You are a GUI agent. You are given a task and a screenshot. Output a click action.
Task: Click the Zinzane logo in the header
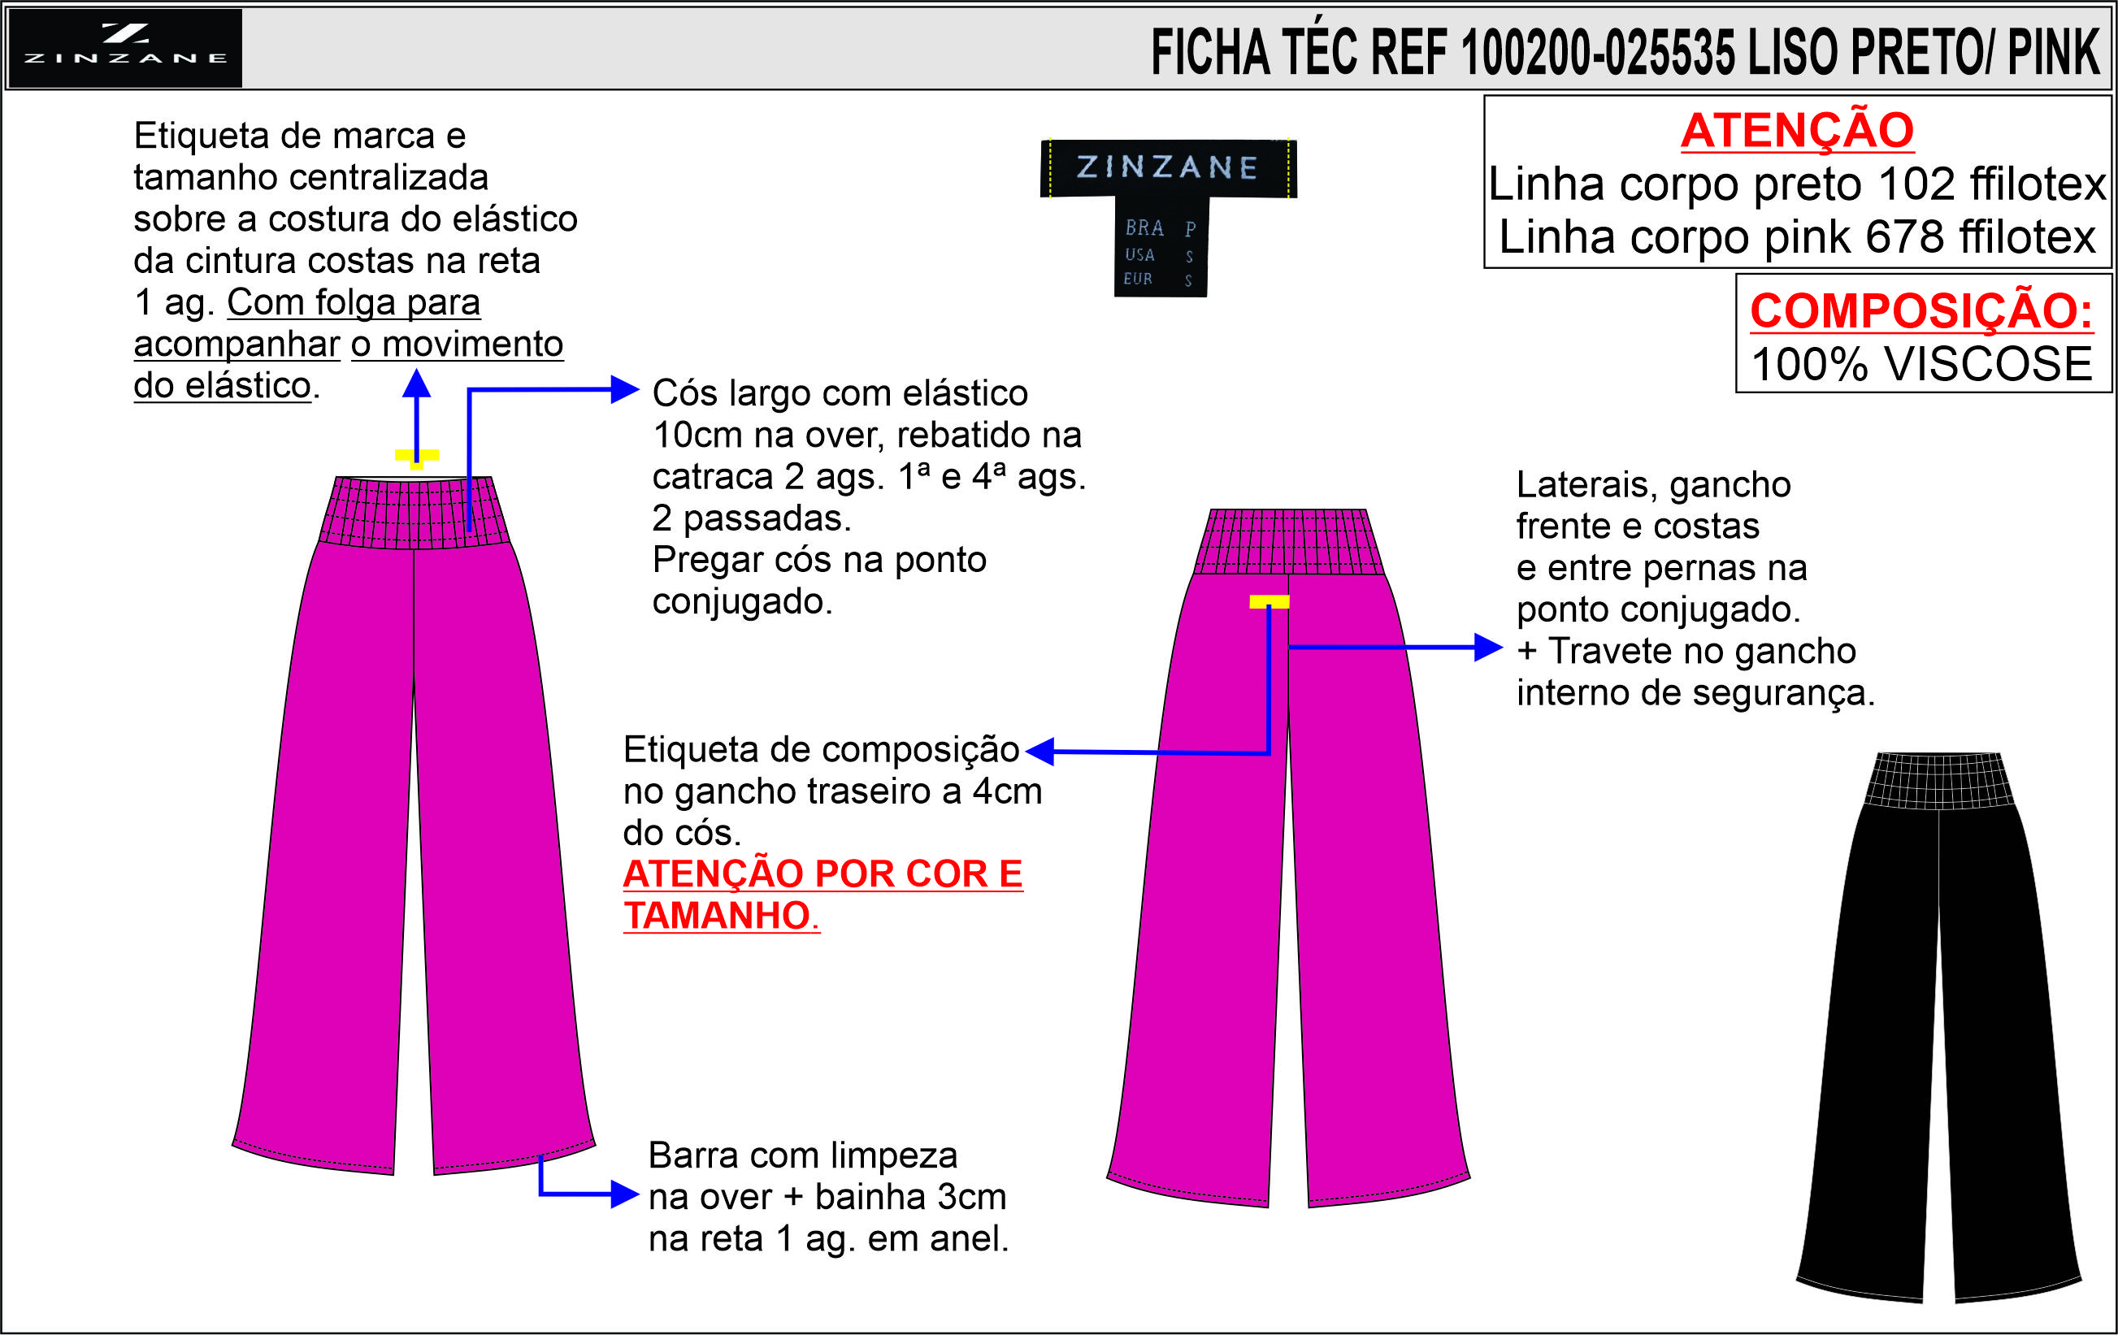124,47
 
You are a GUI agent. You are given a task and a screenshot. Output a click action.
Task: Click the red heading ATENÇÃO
1796,131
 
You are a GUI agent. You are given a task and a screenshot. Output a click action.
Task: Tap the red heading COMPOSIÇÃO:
1921,311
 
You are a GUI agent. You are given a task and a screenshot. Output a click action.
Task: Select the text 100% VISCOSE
1921,364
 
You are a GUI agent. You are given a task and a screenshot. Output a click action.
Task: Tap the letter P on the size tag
1190,229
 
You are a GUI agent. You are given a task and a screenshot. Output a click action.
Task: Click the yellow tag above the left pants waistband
416,457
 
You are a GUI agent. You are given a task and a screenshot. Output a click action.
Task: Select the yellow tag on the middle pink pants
1269,602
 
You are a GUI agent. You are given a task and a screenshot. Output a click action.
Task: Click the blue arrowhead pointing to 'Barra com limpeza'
624,1194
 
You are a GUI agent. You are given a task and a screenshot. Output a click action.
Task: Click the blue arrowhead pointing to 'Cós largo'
624,389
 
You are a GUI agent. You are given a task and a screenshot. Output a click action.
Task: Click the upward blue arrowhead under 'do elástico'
416,384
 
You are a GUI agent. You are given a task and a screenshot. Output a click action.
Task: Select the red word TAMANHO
717,916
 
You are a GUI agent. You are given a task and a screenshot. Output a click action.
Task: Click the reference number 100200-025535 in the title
1597,53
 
